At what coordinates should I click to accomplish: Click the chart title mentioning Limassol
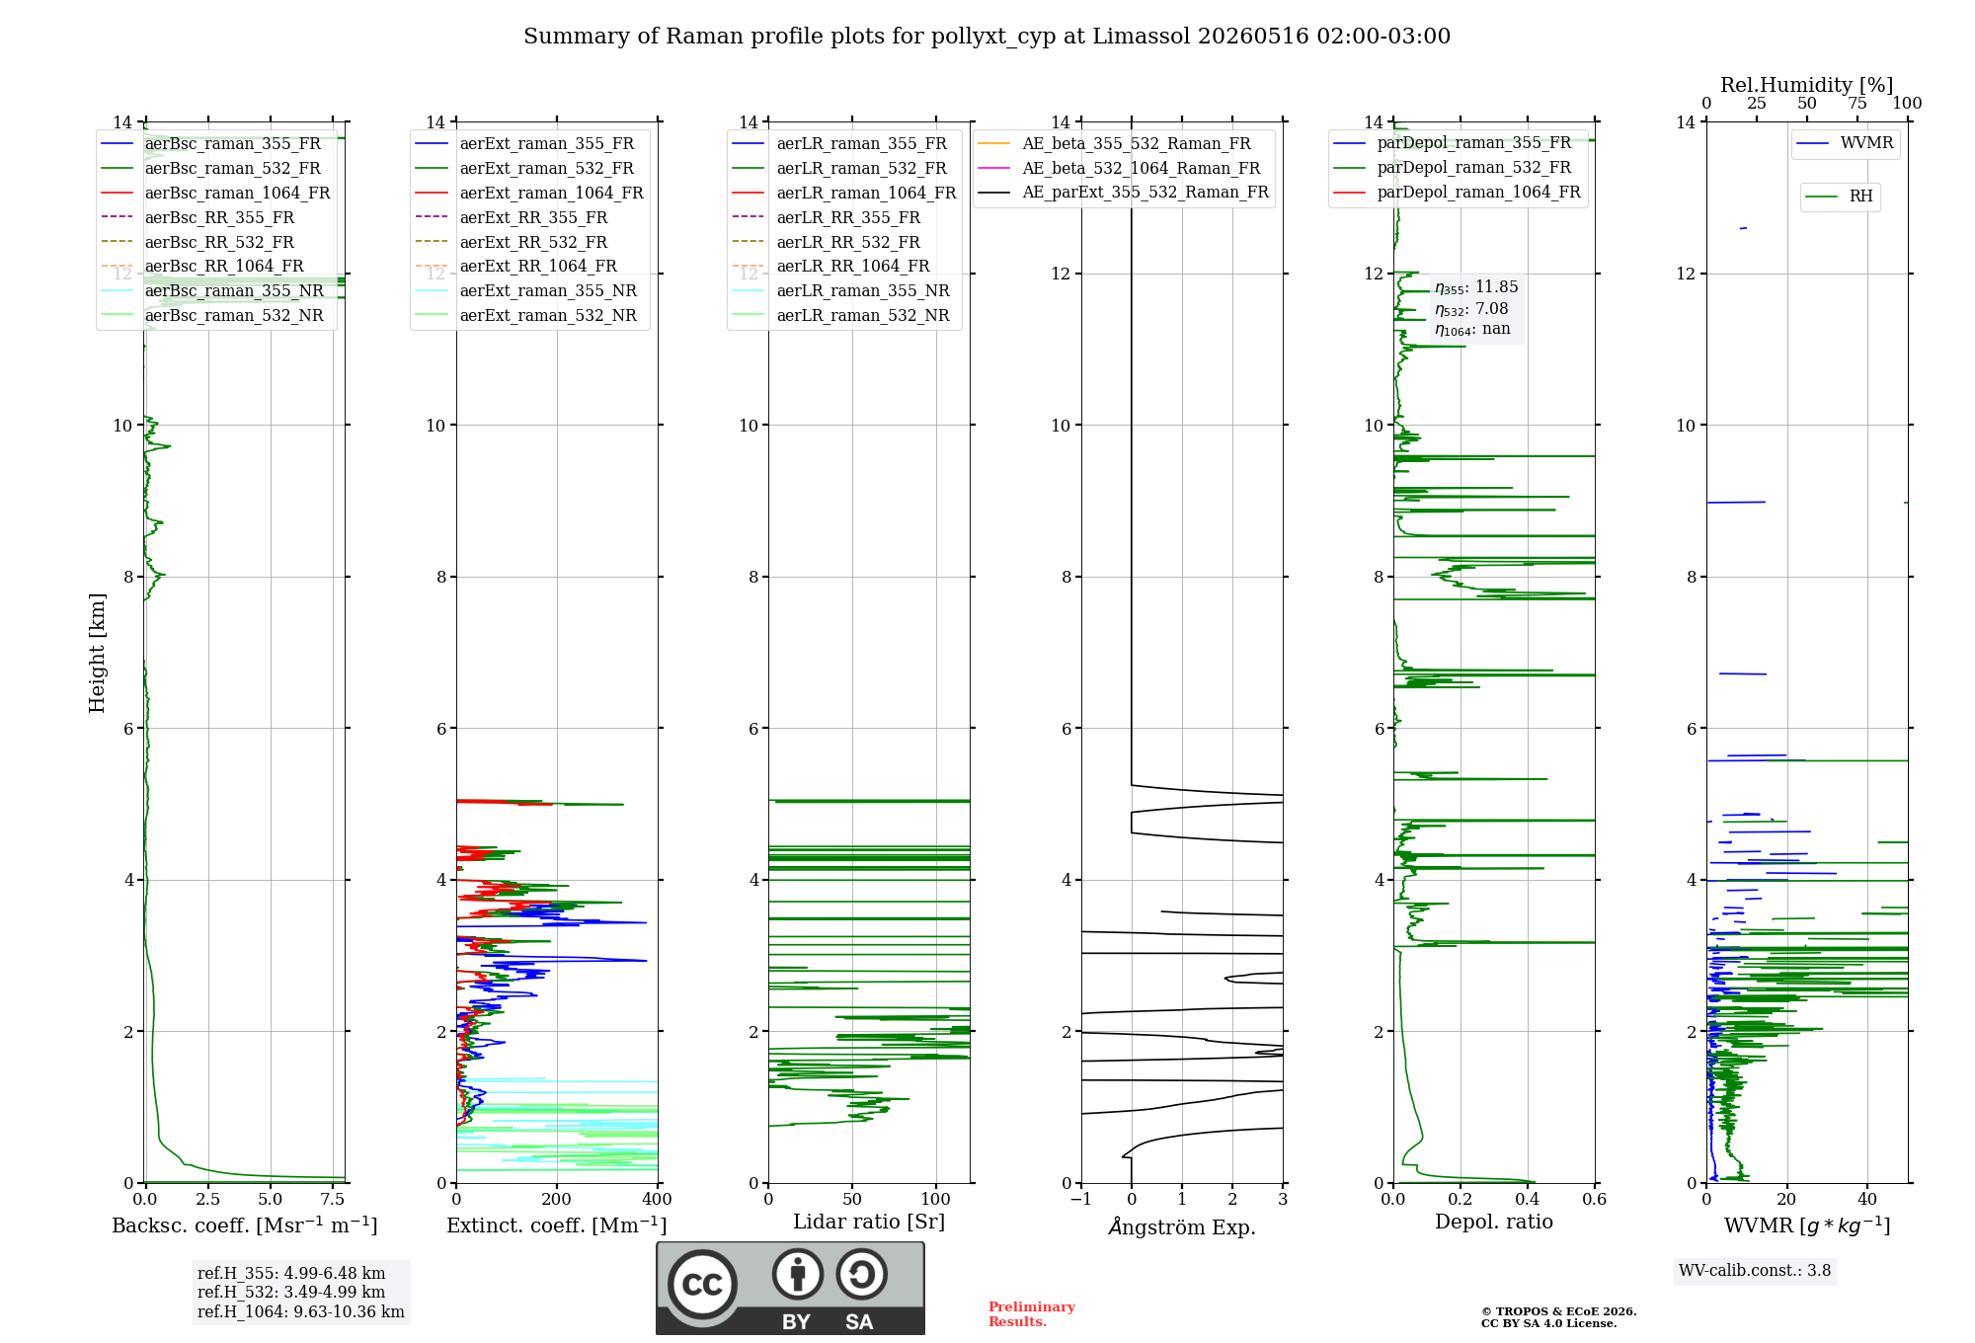987,37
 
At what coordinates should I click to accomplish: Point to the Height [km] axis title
97,653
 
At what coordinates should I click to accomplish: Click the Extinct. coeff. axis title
557,1225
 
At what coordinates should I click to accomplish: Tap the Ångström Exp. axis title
1182,1226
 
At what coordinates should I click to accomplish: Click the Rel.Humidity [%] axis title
1807,85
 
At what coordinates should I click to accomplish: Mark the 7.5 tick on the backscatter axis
333,1200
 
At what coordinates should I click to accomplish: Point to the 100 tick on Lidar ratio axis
936,1200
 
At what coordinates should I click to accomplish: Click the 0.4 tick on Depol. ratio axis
1528,1200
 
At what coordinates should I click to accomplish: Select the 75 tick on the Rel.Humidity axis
1857,104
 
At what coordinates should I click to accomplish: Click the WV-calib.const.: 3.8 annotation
1755,1271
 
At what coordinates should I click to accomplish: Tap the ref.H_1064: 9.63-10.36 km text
301,1312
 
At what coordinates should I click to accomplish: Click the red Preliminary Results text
1032,1314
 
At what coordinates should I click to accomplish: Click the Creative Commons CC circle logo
702,1285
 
